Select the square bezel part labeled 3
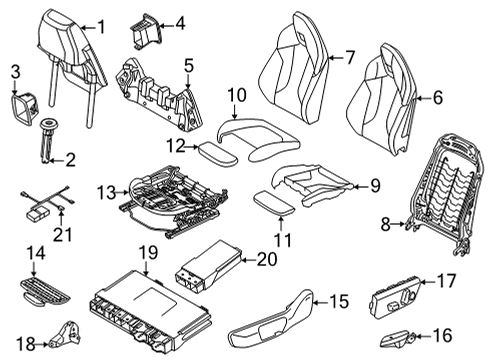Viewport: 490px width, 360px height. click(x=21, y=105)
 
